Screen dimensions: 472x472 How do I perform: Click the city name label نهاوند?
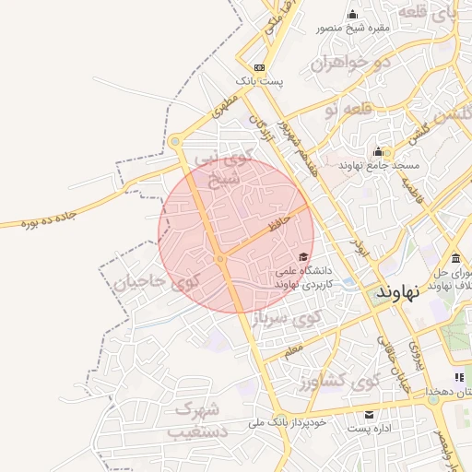[x=398, y=291]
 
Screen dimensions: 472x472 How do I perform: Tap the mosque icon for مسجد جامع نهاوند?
[x=377, y=152]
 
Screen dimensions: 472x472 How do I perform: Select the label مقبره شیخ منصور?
[x=354, y=28]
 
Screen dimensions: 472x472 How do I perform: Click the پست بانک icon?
[x=260, y=67]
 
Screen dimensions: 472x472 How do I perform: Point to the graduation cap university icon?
[x=303, y=256]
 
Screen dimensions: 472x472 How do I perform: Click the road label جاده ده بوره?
[x=47, y=221]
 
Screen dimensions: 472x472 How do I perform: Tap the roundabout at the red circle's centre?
[x=220, y=260]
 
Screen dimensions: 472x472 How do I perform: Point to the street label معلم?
[x=293, y=351]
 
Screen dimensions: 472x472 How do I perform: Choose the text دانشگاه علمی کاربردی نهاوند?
[x=309, y=279]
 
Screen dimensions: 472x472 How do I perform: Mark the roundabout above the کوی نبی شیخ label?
[x=175, y=141]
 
